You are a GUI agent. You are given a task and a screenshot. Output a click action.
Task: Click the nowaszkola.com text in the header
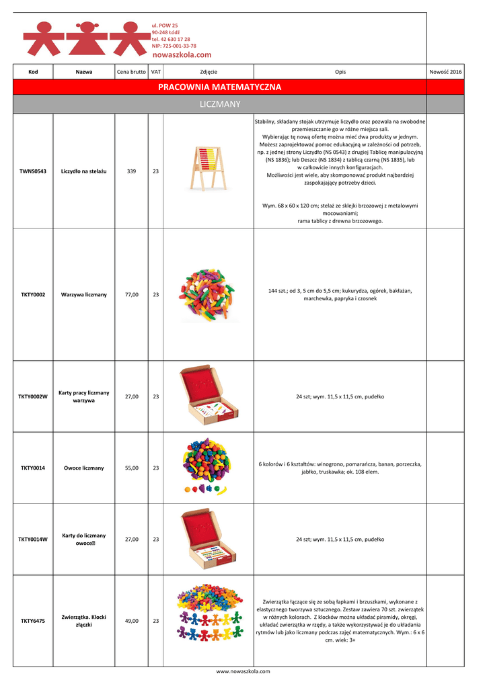(x=182, y=54)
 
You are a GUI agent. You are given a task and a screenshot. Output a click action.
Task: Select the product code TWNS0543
(x=33, y=171)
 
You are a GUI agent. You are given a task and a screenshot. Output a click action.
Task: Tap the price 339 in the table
(x=132, y=171)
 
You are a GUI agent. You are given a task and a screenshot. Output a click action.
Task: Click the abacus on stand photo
(x=208, y=169)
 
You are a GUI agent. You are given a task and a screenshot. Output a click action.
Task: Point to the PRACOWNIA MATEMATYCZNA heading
(x=219, y=87)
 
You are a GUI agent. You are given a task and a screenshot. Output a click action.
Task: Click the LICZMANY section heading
(x=219, y=104)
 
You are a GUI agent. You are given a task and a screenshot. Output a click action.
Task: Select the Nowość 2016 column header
(x=445, y=71)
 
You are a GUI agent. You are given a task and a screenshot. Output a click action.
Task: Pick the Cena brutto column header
(x=131, y=71)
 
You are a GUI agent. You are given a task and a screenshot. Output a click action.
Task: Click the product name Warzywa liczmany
(x=84, y=294)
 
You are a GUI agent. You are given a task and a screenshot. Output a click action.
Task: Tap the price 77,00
(x=132, y=294)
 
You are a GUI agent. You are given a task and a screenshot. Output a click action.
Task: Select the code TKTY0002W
(x=33, y=396)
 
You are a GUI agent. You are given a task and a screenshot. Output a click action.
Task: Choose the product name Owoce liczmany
(x=84, y=468)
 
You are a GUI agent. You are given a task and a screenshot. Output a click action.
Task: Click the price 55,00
(x=132, y=468)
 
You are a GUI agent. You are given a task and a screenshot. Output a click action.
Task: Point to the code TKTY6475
(x=33, y=621)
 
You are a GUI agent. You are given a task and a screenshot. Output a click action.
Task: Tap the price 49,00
(x=132, y=621)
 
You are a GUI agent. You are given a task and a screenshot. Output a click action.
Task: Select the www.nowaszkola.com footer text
(x=243, y=671)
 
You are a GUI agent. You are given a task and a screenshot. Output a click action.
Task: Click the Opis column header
(x=340, y=71)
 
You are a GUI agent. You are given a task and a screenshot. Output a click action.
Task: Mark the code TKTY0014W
(x=33, y=539)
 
